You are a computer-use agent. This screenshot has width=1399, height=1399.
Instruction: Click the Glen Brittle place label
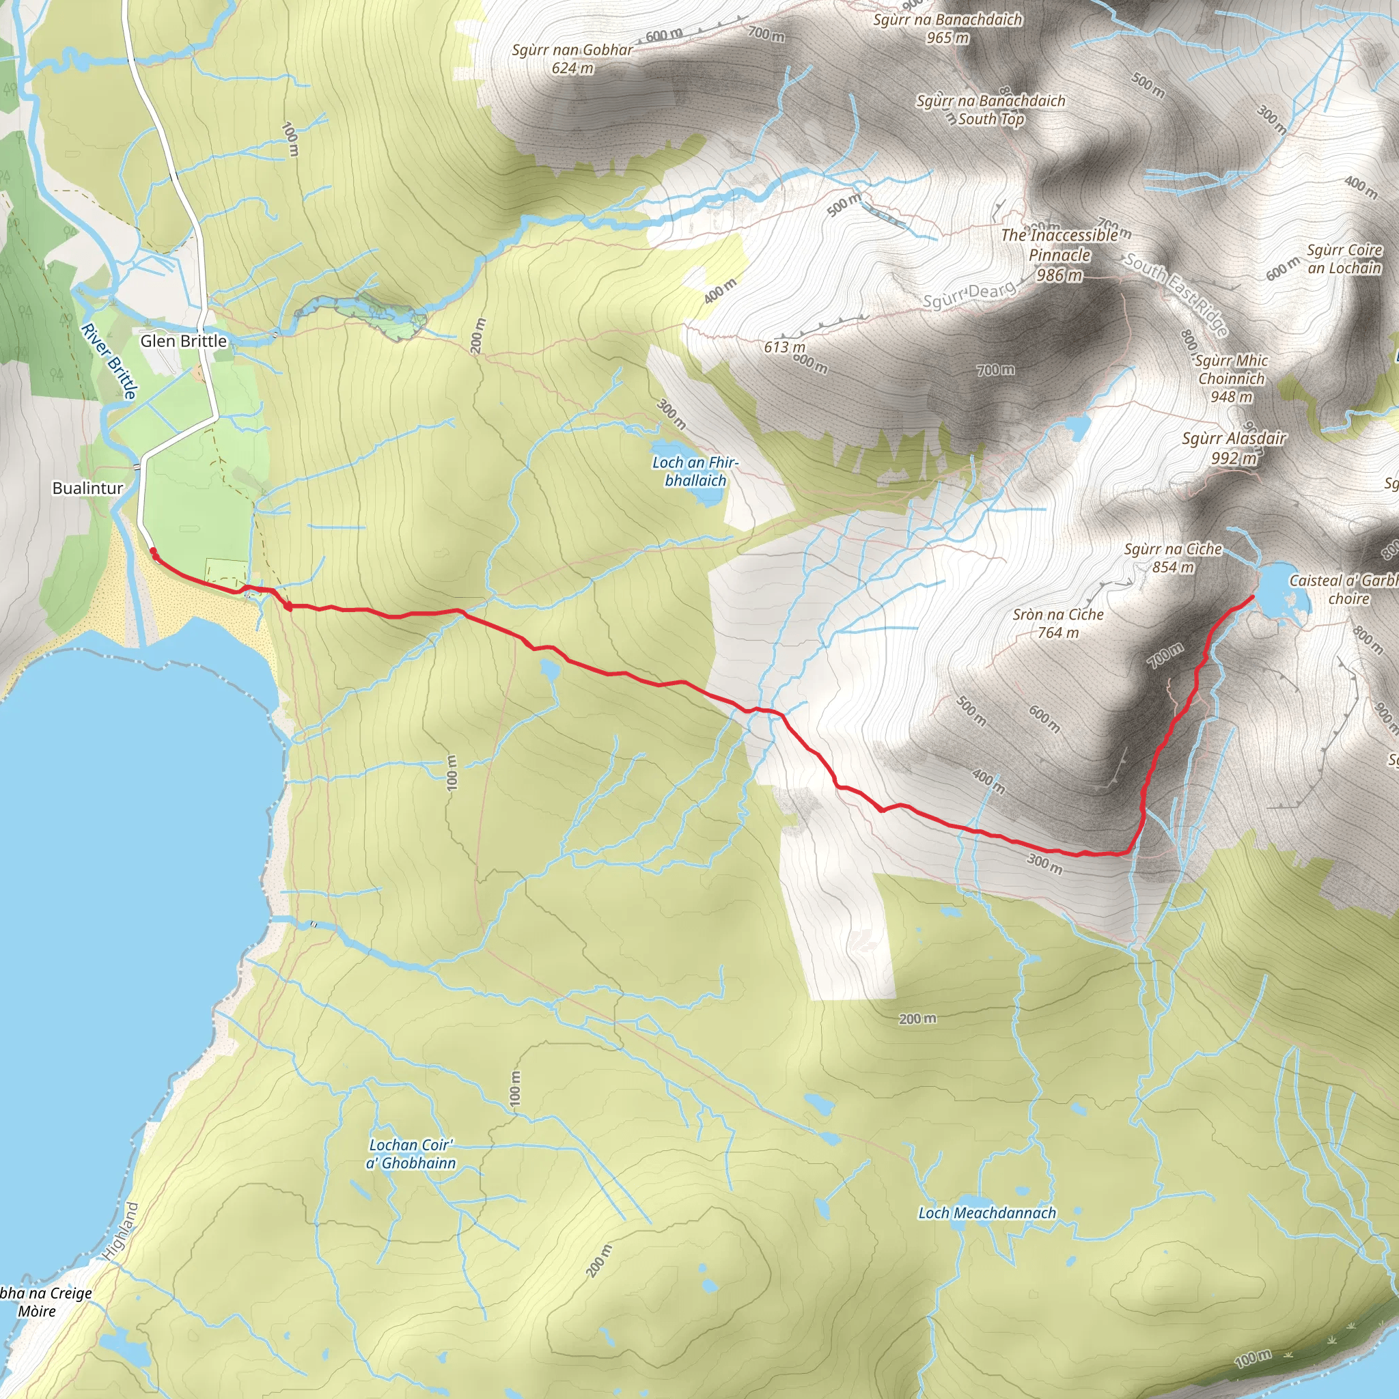pyautogui.click(x=183, y=341)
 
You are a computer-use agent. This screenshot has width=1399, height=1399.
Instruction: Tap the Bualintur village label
pyautogui.click(x=87, y=488)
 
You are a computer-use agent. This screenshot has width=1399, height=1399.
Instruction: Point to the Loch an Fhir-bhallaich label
pyautogui.click(x=695, y=471)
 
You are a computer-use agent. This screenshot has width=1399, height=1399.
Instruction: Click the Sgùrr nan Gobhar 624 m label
pyautogui.click(x=572, y=59)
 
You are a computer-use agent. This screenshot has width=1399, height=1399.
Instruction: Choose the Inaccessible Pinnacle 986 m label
pyautogui.click(x=1059, y=255)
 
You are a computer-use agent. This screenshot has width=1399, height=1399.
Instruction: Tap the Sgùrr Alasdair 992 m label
pyautogui.click(x=1234, y=447)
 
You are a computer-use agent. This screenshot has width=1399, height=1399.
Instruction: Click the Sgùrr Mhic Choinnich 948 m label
pyautogui.click(x=1231, y=378)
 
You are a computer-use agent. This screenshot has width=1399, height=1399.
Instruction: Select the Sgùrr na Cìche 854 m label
pyautogui.click(x=1173, y=557)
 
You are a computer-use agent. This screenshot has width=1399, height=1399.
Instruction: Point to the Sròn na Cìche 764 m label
pyautogui.click(x=1058, y=623)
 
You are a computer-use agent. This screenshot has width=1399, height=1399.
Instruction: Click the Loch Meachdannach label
pyautogui.click(x=987, y=1213)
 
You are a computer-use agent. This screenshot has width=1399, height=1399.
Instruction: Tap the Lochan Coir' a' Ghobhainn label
pyautogui.click(x=411, y=1154)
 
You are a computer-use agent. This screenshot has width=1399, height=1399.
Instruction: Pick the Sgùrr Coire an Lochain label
pyautogui.click(x=1344, y=258)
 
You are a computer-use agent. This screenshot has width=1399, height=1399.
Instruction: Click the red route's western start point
pyautogui.click(x=154, y=553)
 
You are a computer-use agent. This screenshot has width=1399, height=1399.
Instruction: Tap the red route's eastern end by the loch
pyautogui.click(x=1252, y=596)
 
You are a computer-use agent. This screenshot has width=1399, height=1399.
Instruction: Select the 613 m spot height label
pyautogui.click(x=784, y=347)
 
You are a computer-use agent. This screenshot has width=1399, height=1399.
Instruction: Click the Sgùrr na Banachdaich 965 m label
pyautogui.click(x=947, y=28)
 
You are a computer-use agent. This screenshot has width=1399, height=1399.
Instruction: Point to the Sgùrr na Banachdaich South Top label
pyautogui.click(x=991, y=110)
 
